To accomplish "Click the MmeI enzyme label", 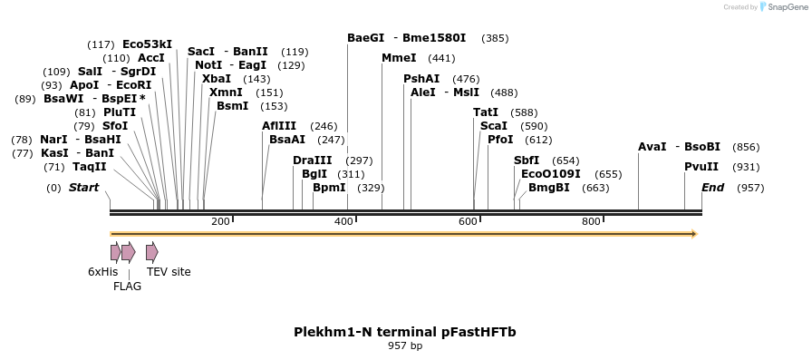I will (x=399, y=58).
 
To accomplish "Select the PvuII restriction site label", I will (x=701, y=167).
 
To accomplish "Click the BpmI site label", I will (x=329, y=188).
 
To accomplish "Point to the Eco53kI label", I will (x=147, y=44).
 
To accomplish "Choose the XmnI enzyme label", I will (x=226, y=92).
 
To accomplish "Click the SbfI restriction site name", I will (x=527, y=161).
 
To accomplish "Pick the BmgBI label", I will (x=549, y=188).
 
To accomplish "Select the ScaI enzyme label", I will (x=494, y=126).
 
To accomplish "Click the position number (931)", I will (x=746, y=167).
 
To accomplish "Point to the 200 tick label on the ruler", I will (x=220, y=222).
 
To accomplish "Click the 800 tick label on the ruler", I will (x=592, y=222).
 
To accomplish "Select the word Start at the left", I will (x=83, y=188).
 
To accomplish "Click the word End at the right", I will (x=712, y=188).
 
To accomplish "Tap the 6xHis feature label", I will (x=102, y=271).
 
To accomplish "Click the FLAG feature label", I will (x=127, y=286).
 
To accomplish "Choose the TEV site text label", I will (x=169, y=271).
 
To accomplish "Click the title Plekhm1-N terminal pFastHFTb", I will (x=404, y=332).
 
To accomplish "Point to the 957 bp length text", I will (x=405, y=346).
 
